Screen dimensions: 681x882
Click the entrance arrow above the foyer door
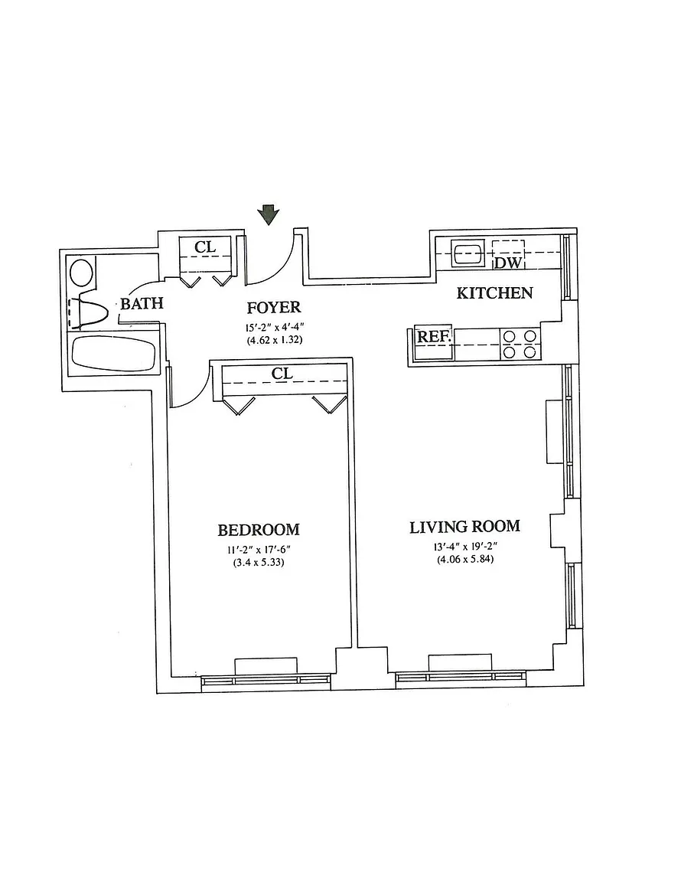click(267, 214)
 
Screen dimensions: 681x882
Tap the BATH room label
click(142, 304)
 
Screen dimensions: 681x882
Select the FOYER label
click(273, 308)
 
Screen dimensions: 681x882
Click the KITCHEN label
click(494, 292)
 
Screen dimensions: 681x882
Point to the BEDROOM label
click(258, 530)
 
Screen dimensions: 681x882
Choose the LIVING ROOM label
click(464, 527)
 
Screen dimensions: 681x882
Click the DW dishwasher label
click(508, 263)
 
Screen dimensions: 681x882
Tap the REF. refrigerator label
click(434, 335)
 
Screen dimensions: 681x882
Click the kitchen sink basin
click(467, 252)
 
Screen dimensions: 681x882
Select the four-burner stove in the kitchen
click(520, 343)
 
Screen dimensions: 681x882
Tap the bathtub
click(112, 354)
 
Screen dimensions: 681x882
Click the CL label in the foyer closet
click(205, 247)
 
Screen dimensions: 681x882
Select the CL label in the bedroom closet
click(282, 374)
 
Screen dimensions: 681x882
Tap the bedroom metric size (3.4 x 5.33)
click(258, 562)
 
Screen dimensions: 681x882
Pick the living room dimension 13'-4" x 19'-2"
click(464, 547)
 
